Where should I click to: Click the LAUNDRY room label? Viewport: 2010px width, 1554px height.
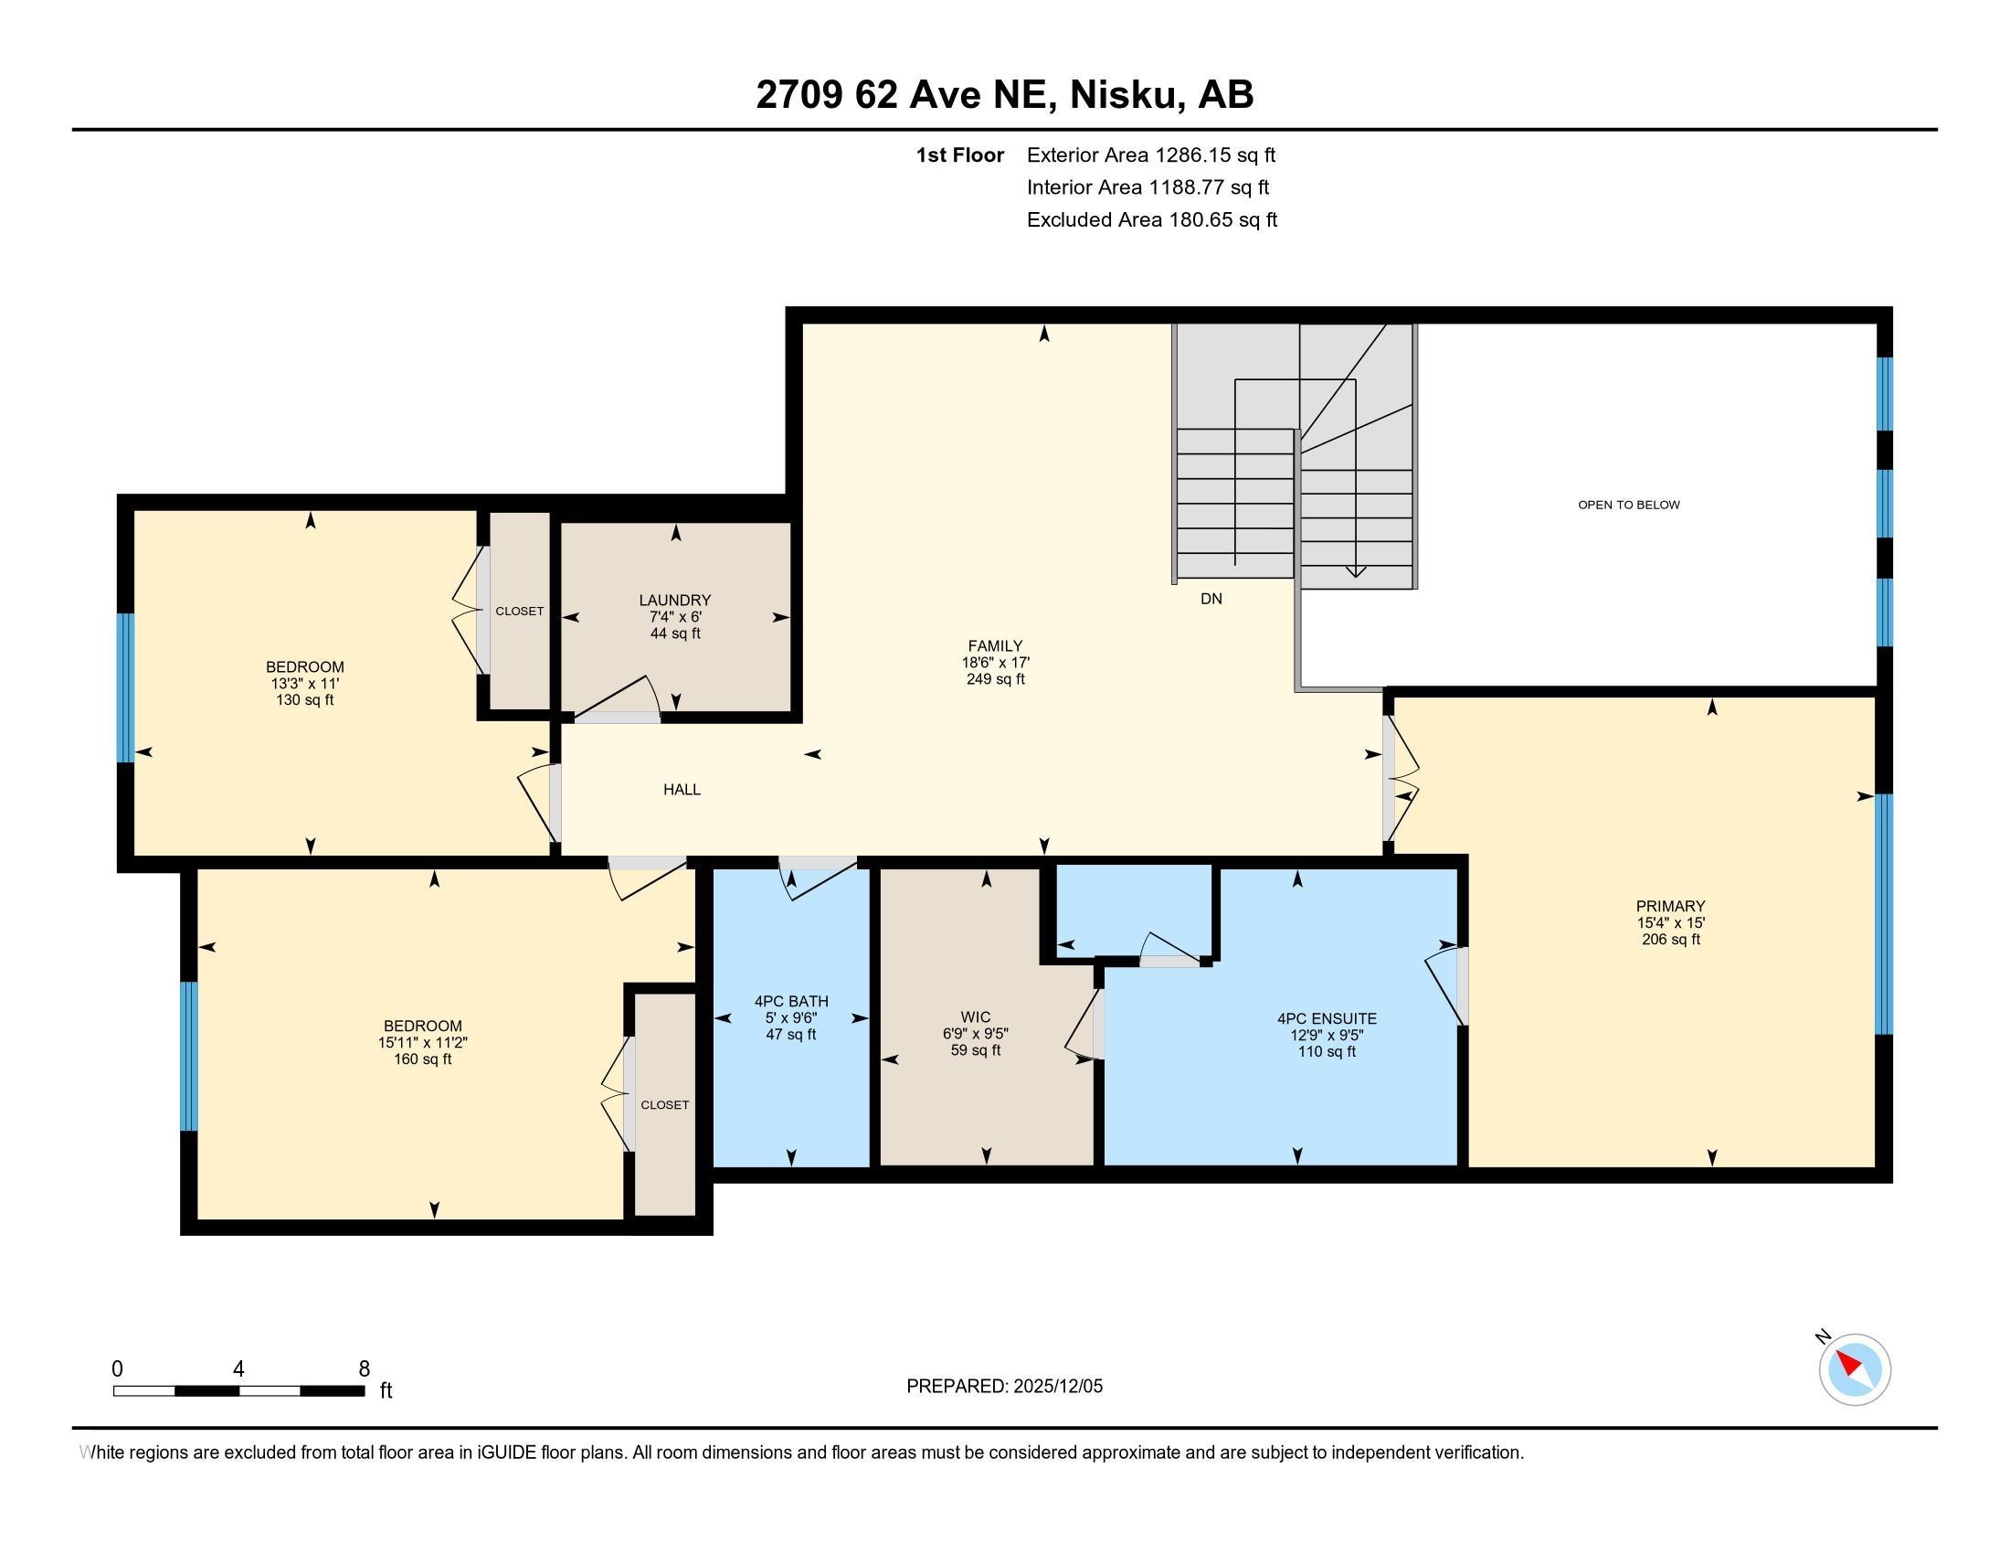coord(674,601)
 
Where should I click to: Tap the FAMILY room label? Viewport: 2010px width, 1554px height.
coord(995,646)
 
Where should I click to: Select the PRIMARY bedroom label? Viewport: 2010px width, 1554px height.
coord(1670,906)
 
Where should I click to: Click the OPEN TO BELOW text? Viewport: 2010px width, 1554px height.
coord(1628,505)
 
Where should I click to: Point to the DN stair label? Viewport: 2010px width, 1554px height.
coord(1211,599)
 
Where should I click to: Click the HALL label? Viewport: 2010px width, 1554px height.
coord(682,789)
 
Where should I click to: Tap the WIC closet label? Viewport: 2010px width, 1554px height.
coord(976,1017)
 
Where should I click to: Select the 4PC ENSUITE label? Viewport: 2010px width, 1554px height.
coord(1327,1018)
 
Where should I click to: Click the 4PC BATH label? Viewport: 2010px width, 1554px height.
coord(791,1002)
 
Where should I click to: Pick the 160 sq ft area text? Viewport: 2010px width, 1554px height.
coord(422,1059)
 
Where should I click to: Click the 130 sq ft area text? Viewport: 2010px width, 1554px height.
coord(304,699)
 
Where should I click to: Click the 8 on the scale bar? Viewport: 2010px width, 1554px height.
coord(365,1369)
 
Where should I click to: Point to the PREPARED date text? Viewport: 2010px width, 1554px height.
coord(1004,1387)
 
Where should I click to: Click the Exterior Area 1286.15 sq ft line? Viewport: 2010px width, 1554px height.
coord(1150,154)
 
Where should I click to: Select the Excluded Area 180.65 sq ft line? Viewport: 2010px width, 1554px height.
coord(1151,219)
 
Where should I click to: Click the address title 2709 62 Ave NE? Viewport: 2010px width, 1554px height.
coord(1004,95)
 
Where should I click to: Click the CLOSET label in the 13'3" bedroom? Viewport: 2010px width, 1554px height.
coord(519,612)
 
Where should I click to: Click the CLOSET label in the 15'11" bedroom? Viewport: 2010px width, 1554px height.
coord(664,1105)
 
